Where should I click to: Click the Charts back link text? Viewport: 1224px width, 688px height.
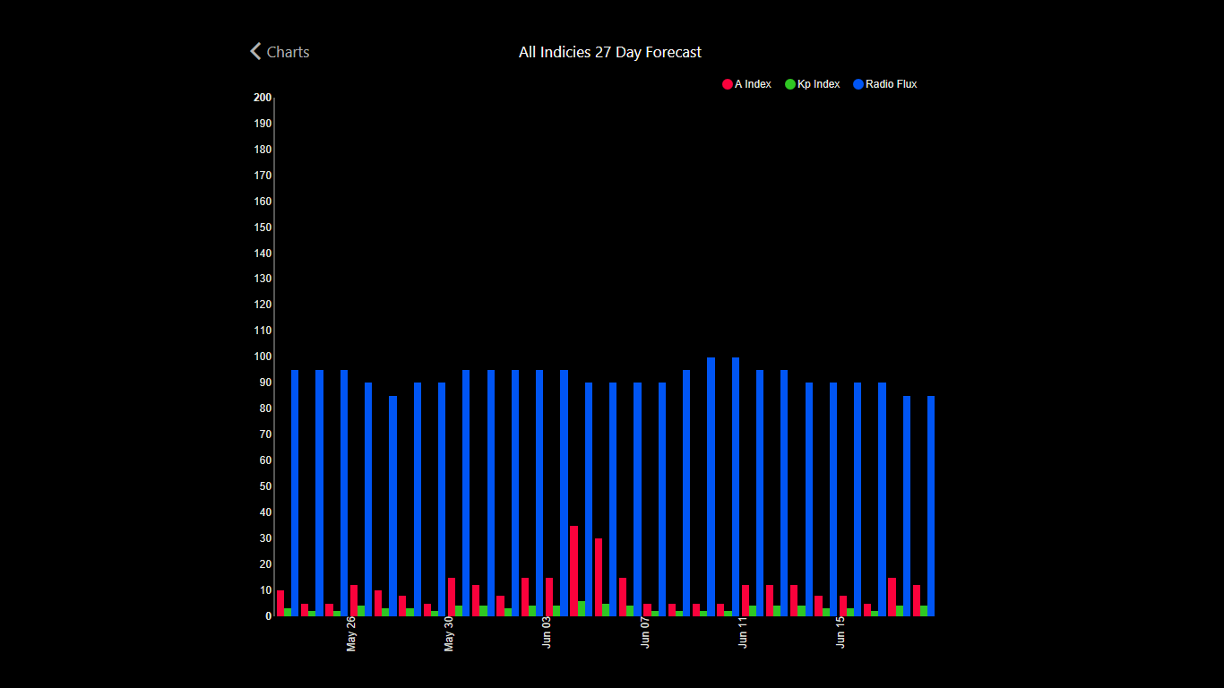(x=288, y=52)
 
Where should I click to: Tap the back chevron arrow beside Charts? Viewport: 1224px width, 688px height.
(x=256, y=52)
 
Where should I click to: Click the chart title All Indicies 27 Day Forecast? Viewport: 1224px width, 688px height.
(x=610, y=52)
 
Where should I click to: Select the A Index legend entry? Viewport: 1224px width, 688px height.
(x=746, y=84)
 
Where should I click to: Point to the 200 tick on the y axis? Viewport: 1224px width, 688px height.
(x=263, y=98)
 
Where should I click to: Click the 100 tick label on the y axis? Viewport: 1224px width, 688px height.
(x=263, y=357)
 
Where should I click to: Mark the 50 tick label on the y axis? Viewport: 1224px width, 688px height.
(x=265, y=486)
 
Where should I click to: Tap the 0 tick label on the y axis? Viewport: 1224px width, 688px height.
(x=268, y=616)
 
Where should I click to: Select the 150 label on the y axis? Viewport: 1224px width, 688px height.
(x=263, y=228)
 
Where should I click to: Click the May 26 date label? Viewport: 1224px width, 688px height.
(x=351, y=634)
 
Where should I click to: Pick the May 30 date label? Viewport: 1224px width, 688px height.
(x=449, y=634)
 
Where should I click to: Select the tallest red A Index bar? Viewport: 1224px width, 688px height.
(x=573, y=571)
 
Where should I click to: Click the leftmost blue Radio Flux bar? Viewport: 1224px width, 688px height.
(x=295, y=493)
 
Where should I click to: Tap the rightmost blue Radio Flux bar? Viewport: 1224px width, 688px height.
(x=931, y=506)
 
